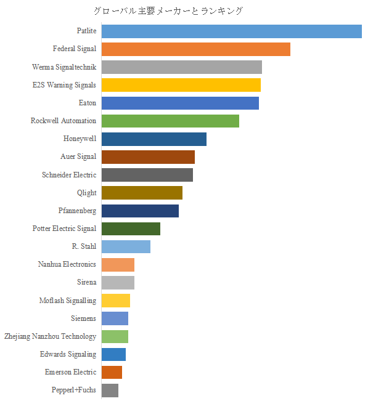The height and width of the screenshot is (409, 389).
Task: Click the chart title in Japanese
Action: coord(168,11)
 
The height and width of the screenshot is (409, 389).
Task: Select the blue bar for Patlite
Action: coord(231,31)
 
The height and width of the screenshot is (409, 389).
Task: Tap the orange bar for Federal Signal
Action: coord(195,49)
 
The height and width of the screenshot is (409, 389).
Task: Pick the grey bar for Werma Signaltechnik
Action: coord(181,67)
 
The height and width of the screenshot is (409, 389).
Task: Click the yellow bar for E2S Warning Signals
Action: coord(181,85)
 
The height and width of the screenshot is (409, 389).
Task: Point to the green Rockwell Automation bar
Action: coord(170,121)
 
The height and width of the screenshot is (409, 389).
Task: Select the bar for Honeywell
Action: coord(154,139)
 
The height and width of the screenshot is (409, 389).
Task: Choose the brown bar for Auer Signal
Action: coord(148,157)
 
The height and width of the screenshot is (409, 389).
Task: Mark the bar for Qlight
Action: coord(142,193)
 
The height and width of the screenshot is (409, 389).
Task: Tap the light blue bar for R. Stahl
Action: coord(126,247)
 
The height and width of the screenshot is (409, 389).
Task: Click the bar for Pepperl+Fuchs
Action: coord(110,391)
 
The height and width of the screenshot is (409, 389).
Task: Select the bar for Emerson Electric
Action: coord(112,373)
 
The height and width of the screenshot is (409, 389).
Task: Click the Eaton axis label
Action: coord(88,103)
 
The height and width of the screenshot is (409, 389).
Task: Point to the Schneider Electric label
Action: coord(69,175)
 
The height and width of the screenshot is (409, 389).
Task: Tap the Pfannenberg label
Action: coord(77,211)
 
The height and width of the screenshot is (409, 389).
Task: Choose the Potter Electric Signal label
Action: coord(64,229)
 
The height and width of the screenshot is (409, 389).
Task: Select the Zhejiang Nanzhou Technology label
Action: coord(50,336)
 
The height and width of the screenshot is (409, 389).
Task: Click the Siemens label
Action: coord(83,318)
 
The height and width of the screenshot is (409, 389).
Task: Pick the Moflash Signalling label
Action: coord(67,301)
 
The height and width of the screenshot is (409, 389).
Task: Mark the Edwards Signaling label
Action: coord(68,354)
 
